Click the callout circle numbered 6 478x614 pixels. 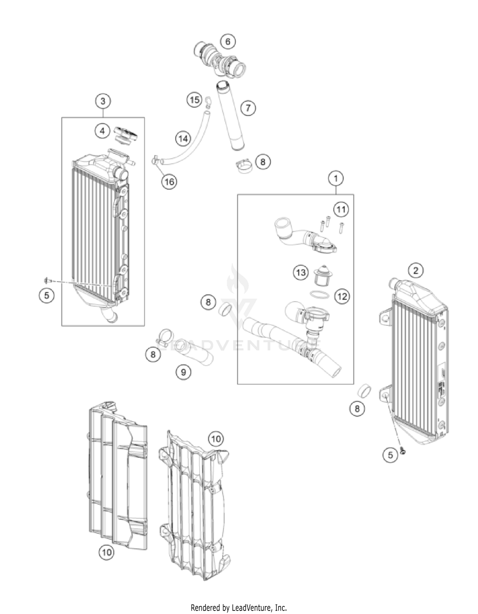(x=228, y=42)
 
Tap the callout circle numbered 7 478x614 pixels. (x=248, y=108)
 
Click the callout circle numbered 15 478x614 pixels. (x=194, y=100)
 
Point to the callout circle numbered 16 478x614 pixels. (x=169, y=182)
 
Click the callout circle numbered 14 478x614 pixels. (x=183, y=139)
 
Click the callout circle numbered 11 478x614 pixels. (x=341, y=209)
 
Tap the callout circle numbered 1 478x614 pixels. (x=336, y=178)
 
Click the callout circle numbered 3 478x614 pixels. (x=103, y=101)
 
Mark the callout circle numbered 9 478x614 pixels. (x=184, y=372)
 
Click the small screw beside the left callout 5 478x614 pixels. (x=47, y=280)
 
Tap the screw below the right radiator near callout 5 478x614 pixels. (x=402, y=451)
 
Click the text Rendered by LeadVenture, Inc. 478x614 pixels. (x=239, y=608)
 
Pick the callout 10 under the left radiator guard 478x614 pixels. (x=106, y=552)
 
